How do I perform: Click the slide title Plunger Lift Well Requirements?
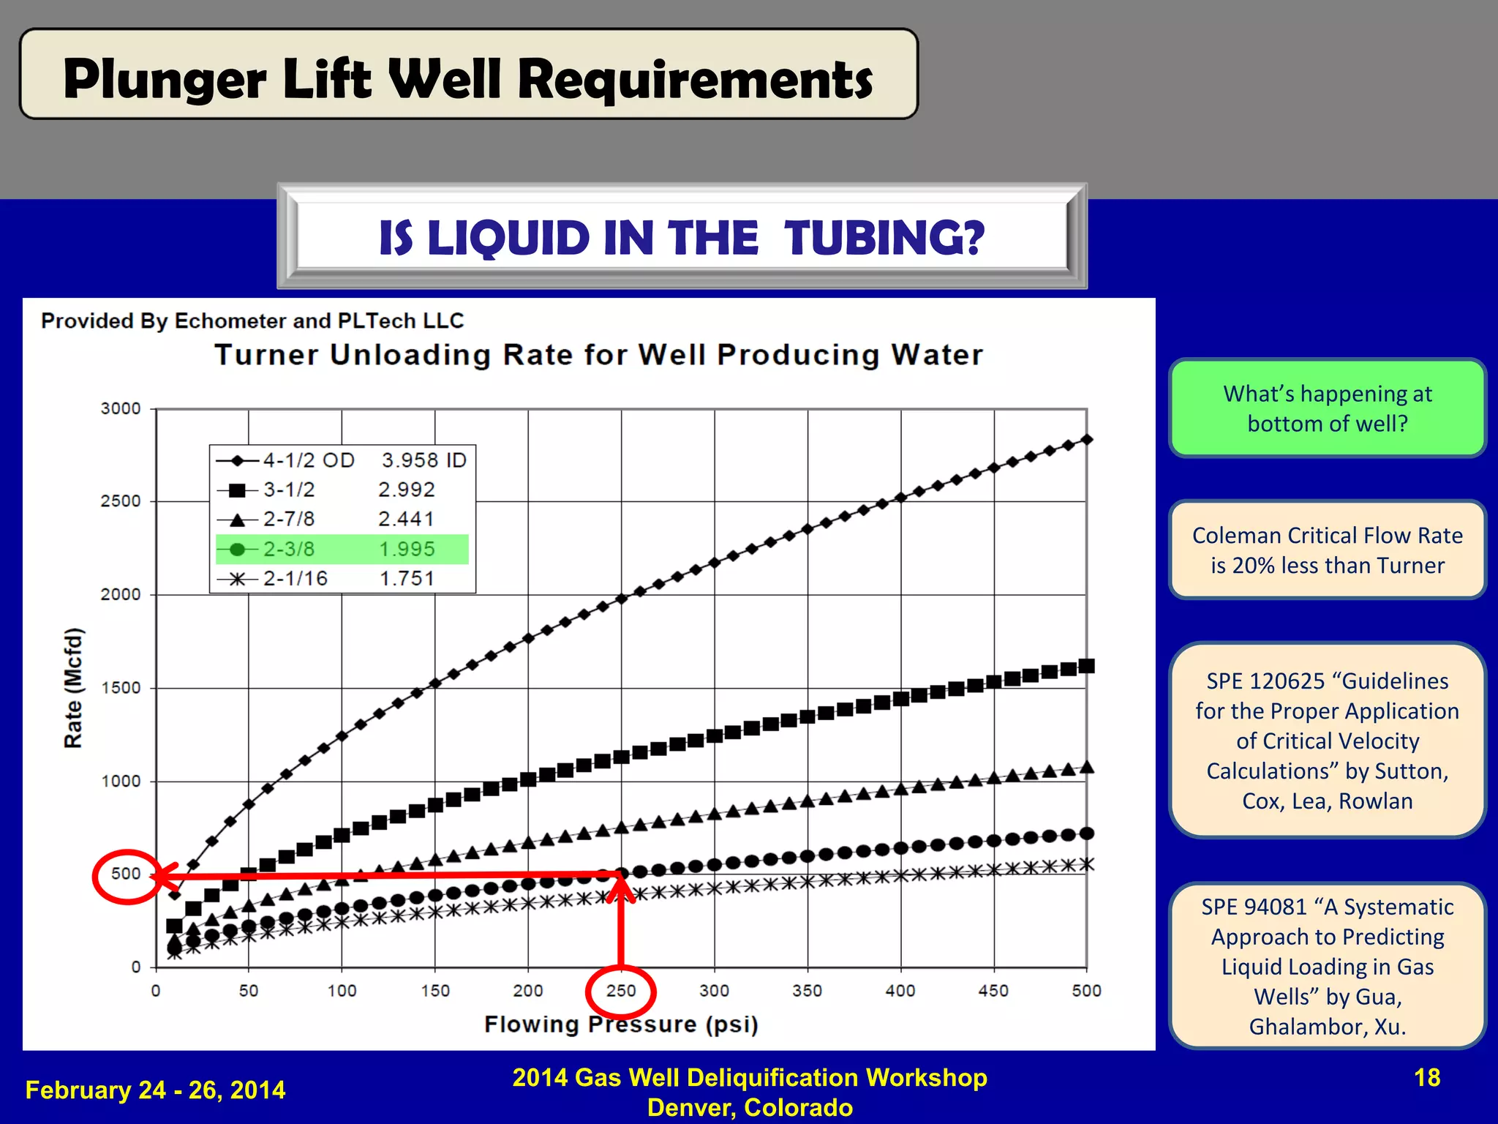468,79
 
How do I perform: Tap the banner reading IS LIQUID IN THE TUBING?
682,238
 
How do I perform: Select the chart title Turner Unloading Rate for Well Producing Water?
598,355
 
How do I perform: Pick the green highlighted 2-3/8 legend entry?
342,549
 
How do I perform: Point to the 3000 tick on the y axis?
121,408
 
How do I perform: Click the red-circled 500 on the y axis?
126,874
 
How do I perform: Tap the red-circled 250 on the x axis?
621,991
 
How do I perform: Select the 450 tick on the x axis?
993,991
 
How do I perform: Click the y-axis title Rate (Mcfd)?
73,688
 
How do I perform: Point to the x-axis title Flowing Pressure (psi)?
621,1024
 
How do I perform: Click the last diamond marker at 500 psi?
1087,439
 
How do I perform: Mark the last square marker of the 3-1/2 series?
1087,666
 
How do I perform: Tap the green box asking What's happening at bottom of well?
1328,408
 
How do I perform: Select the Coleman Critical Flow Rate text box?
1328,550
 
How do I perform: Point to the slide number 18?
1427,1078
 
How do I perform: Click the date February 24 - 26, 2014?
155,1090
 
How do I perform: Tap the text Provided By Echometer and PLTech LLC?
252,321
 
